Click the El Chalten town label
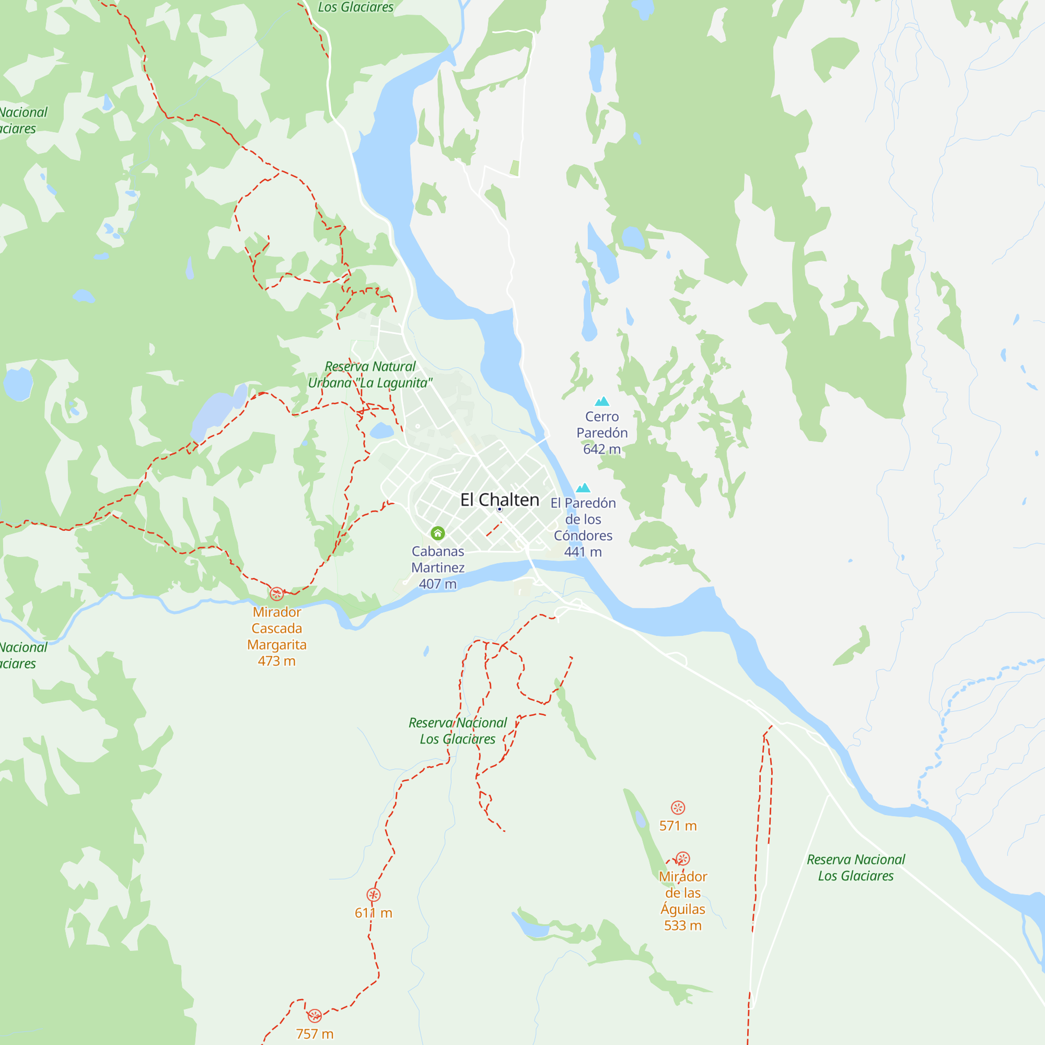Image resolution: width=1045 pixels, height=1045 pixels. [499, 500]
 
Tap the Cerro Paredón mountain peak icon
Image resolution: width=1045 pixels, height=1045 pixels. [602, 401]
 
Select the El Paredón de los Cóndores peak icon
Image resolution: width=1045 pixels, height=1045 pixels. [583, 488]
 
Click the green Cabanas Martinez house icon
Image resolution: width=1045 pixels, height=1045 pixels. [437, 533]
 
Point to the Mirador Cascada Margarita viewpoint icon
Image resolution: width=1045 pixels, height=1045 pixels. [277, 594]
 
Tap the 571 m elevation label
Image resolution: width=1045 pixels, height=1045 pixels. [678, 826]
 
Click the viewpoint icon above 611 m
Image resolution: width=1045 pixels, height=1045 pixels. [373, 895]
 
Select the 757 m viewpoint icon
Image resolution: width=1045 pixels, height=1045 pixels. [315, 1015]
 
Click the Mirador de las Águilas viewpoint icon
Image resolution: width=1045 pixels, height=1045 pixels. [682, 858]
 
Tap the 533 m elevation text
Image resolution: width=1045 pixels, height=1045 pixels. [682, 925]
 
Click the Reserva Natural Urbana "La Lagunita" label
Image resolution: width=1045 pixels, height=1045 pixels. [370, 375]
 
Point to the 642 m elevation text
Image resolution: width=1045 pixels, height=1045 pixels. [601, 449]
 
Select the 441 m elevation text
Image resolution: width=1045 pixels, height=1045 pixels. [583, 552]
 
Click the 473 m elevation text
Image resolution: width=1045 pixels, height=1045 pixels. [276, 661]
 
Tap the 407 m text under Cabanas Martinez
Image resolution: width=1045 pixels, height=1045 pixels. [437, 584]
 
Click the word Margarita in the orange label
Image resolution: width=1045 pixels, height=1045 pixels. [276, 645]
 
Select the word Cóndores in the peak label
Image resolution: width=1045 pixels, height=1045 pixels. [583, 536]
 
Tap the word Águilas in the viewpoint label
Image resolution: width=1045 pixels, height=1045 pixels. [682, 909]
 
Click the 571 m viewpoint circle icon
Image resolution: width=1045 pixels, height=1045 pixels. [678, 808]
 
